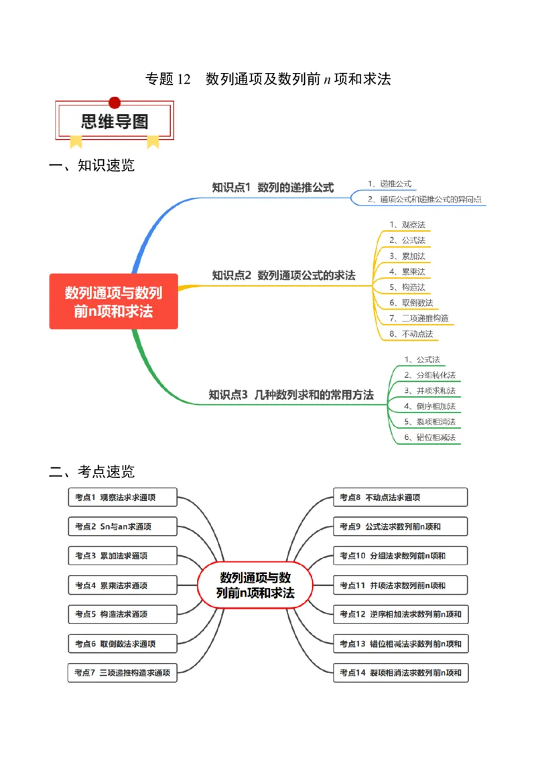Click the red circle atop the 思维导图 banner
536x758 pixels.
[x=115, y=102]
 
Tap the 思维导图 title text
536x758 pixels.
[x=115, y=122]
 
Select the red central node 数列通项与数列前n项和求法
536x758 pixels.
[x=113, y=301]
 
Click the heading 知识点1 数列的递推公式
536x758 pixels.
[x=273, y=187]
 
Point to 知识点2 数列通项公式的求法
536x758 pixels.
[x=283, y=275]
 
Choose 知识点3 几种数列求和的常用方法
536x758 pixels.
[x=291, y=395]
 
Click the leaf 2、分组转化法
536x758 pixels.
[x=429, y=375]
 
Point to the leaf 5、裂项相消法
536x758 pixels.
[x=429, y=422]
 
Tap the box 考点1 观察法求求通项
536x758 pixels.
[x=123, y=498]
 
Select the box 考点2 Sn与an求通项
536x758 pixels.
[x=123, y=526]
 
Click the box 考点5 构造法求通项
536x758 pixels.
[x=123, y=614]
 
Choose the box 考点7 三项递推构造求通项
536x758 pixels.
[x=123, y=673]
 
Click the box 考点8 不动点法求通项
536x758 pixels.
[x=400, y=498]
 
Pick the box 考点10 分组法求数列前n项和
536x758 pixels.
[x=400, y=556]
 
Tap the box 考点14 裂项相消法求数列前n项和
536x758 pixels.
[x=400, y=673]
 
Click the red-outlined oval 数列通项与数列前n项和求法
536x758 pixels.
[x=255, y=585]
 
